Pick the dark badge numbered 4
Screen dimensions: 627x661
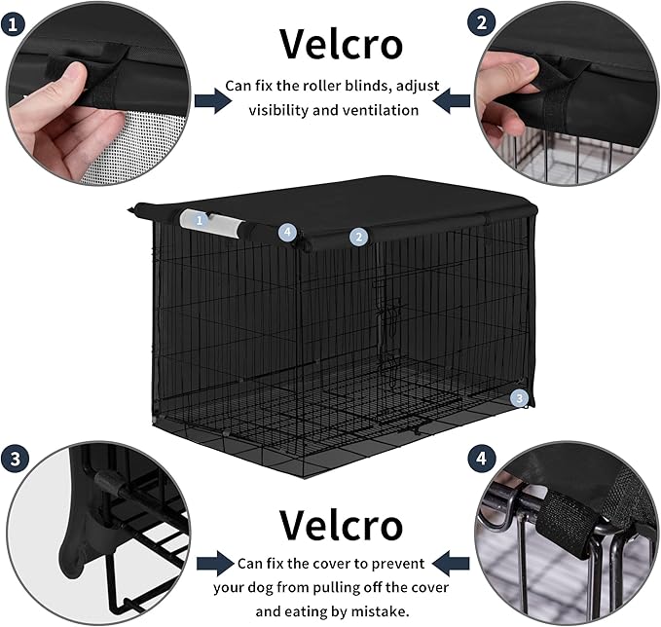(480, 457)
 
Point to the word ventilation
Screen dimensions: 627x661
(374, 110)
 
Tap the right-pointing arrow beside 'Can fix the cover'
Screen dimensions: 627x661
(215, 563)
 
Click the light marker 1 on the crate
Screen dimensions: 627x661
(200, 220)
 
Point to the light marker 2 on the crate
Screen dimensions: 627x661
(359, 237)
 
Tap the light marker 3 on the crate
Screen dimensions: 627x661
(520, 397)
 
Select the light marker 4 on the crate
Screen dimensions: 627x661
(286, 232)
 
